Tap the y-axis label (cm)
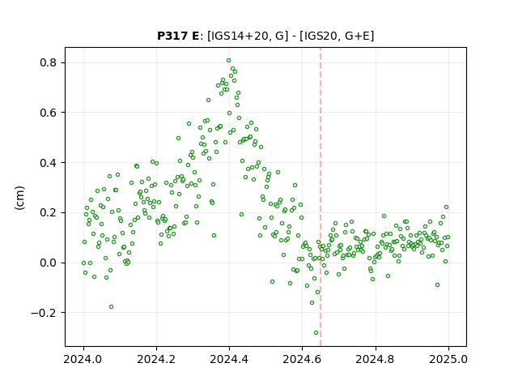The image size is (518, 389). [19, 198]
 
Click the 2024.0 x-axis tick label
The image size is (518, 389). [83, 359]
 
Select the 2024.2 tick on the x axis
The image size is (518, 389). [156, 359]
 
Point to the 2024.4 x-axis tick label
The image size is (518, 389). [229, 359]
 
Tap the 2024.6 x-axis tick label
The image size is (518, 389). [302, 359]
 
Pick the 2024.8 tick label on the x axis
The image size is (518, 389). [375, 359]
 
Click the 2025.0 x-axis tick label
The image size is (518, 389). [448, 359]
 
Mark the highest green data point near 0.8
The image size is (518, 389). [228, 61]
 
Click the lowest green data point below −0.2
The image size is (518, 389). [316, 333]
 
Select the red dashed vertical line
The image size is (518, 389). [321, 197]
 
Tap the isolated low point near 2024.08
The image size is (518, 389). [112, 307]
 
